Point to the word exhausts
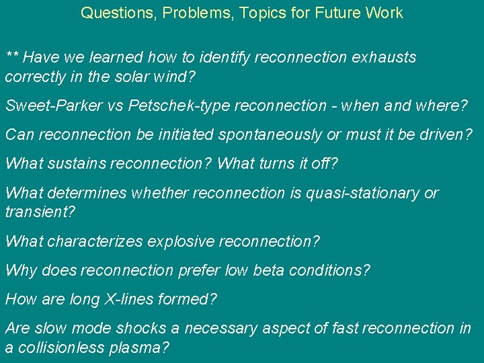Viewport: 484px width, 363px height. (x=384, y=57)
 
